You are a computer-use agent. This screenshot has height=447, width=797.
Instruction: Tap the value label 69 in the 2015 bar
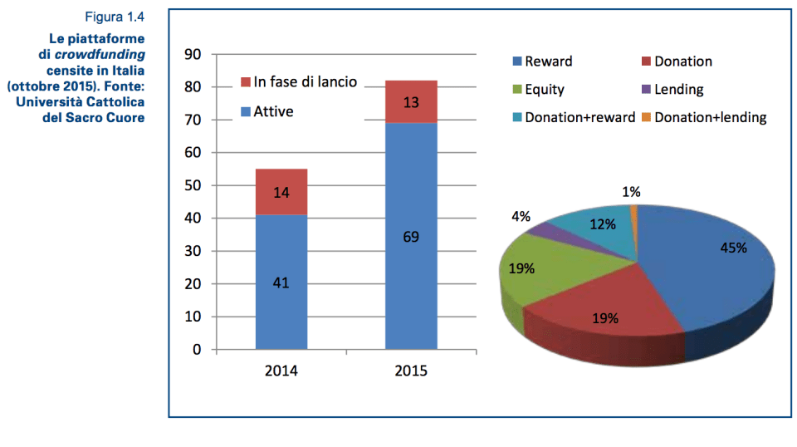tap(411, 237)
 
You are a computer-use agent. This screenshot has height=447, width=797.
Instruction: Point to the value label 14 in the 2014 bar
tap(281, 193)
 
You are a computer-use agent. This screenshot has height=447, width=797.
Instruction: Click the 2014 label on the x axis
tap(281, 371)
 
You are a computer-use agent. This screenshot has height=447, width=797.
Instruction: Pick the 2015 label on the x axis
tap(411, 371)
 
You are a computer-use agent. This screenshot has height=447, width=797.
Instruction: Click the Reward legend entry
tap(548, 61)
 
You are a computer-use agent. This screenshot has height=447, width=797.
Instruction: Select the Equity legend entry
tap(544, 90)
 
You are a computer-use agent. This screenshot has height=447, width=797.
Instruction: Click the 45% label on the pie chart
tap(733, 248)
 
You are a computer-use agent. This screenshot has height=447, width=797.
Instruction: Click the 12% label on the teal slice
tap(603, 224)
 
